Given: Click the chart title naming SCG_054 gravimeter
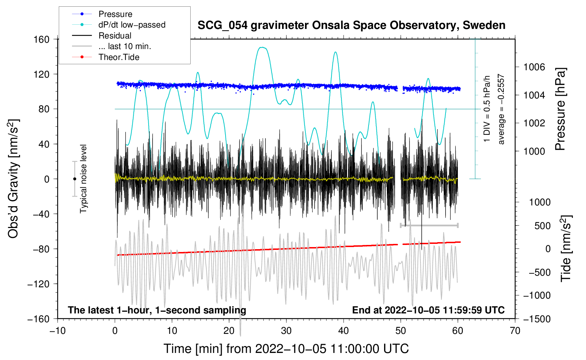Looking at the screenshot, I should tap(351, 25).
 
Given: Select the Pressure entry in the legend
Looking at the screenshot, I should tap(115, 14).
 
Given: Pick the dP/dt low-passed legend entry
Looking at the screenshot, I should tap(132, 25).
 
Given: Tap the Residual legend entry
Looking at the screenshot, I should tap(115, 36).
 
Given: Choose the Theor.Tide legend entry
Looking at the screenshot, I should tap(119, 57).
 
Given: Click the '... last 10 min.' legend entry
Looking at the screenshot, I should tap(125, 46).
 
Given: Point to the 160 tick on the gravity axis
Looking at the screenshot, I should tap(42, 40).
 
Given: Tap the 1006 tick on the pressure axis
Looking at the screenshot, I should tap(534, 67).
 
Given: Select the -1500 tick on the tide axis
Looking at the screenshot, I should tap(537, 319).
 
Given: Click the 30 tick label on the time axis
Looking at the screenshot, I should tap(286, 331).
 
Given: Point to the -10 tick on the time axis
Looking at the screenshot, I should tap(58, 331).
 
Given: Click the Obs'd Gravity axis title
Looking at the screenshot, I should tap(13, 179).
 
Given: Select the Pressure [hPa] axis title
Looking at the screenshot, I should tap(560, 109).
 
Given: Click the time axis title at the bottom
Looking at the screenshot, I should tap(286, 349).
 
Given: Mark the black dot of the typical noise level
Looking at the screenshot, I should tap(74, 179).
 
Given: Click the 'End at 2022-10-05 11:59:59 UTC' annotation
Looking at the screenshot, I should tap(428, 310).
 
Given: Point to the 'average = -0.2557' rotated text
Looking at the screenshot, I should tap(501, 109).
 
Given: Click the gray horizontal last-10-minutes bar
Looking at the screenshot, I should tap(429, 225).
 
